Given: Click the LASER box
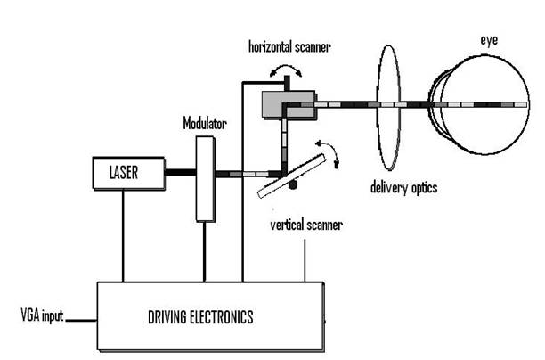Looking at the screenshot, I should pos(129,172).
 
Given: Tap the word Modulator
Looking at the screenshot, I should pos(206,123).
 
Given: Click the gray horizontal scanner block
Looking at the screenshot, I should pos(288,105).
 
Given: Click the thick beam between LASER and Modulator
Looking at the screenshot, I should pos(181,172).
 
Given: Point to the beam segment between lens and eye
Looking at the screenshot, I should pos(417,105).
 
